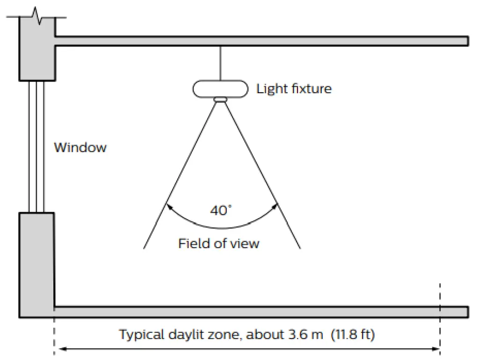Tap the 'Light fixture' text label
[294, 89]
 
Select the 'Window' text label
[80, 147]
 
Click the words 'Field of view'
[218, 243]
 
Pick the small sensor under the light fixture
[219, 99]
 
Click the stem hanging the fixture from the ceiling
[219, 63]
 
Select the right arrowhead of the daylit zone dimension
[436, 349]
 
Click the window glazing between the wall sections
[36, 147]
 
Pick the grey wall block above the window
[36, 51]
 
